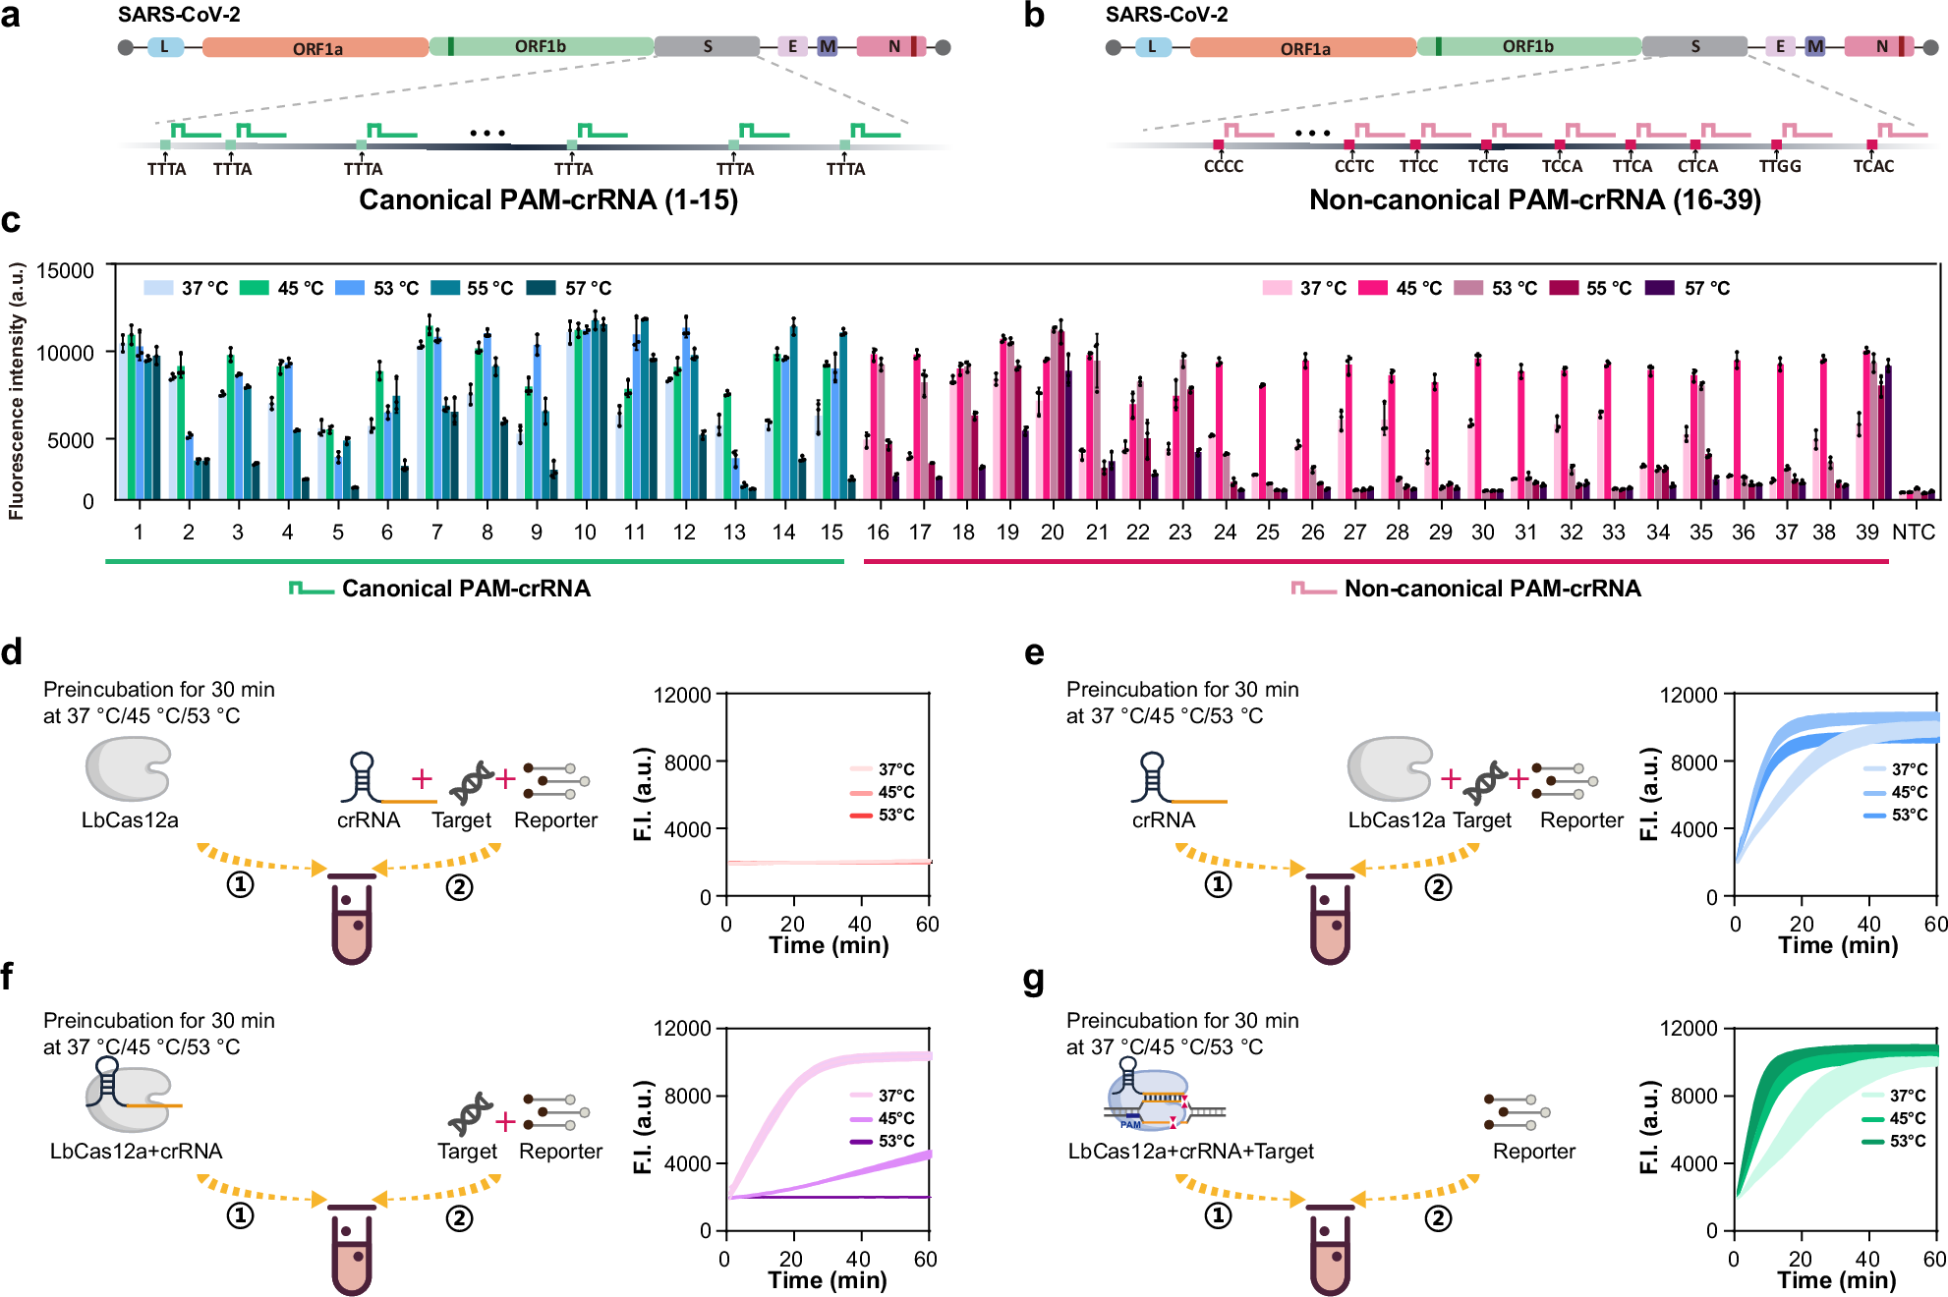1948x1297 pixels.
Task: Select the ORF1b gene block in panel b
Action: pos(1528,46)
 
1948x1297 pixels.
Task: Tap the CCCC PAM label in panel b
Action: pos(1223,166)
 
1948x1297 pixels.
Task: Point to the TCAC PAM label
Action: pos(1873,166)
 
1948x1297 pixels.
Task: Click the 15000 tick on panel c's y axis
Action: pos(65,271)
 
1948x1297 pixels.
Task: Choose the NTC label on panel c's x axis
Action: pos(1913,533)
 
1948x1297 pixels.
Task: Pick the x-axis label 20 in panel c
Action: pos(1052,533)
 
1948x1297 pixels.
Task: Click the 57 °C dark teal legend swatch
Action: pos(541,288)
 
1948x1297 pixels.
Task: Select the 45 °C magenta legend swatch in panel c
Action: pos(1372,288)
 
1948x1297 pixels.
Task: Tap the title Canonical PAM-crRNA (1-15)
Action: pos(547,199)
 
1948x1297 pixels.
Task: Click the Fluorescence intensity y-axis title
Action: pos(17,390)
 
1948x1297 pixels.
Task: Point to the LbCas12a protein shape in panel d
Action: pos(128,769)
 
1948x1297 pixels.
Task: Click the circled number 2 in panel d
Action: pos(459,887)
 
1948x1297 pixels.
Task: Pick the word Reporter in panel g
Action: pos(1533,1152)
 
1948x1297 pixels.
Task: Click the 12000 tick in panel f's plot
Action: pos(682,1028)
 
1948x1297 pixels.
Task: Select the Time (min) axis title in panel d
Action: pos(829,945)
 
